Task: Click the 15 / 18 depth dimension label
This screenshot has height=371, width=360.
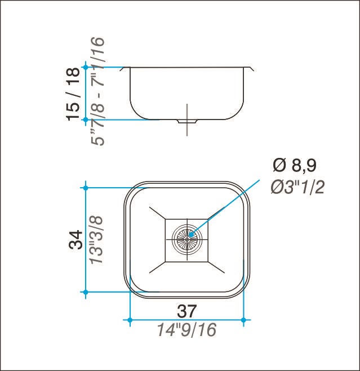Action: click(73, 94)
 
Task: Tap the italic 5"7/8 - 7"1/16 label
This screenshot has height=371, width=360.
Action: click(97, 91)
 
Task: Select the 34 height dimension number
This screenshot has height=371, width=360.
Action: click(75, 240)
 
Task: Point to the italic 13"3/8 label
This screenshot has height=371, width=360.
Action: click(96, 240)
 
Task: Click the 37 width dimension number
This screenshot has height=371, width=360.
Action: click(186, 311)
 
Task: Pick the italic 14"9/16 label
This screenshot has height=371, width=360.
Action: click(186, 330)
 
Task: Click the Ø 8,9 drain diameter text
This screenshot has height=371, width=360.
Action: click(295, 165)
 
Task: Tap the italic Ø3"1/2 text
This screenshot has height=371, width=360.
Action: click(297, 187)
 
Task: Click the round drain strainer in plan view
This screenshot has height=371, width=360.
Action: click(187, 239)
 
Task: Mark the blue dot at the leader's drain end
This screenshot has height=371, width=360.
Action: click(191, 235)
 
